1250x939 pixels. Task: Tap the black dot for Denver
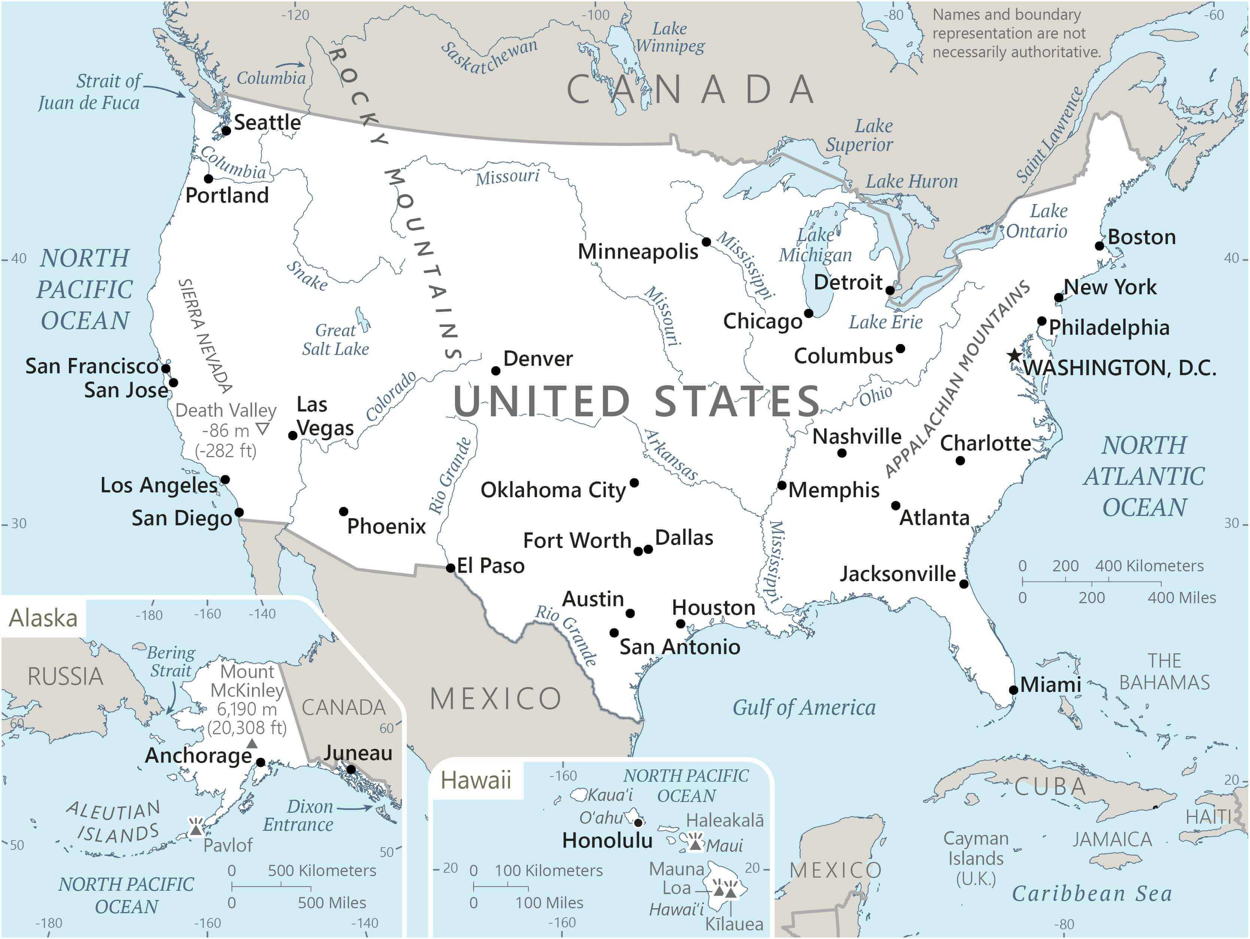[x=495, y=371]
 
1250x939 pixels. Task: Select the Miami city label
[x=1050, y=685]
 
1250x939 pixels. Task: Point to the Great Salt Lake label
[x=335, y=340]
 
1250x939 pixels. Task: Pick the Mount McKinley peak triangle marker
[x=252, y=744]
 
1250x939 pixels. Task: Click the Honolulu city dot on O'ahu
[x=638, y=823]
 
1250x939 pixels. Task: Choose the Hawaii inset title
[x=476, y=780]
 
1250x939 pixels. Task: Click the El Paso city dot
[x=450, y=568]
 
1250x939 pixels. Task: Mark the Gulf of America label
[x=804, y=707]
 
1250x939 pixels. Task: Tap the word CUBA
[x=1050, y=787]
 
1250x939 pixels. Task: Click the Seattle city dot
[x=226, y=131]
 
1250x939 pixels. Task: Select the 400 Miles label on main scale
[x=1181, y=598]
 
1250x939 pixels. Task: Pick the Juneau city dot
[x=351, y=769]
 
